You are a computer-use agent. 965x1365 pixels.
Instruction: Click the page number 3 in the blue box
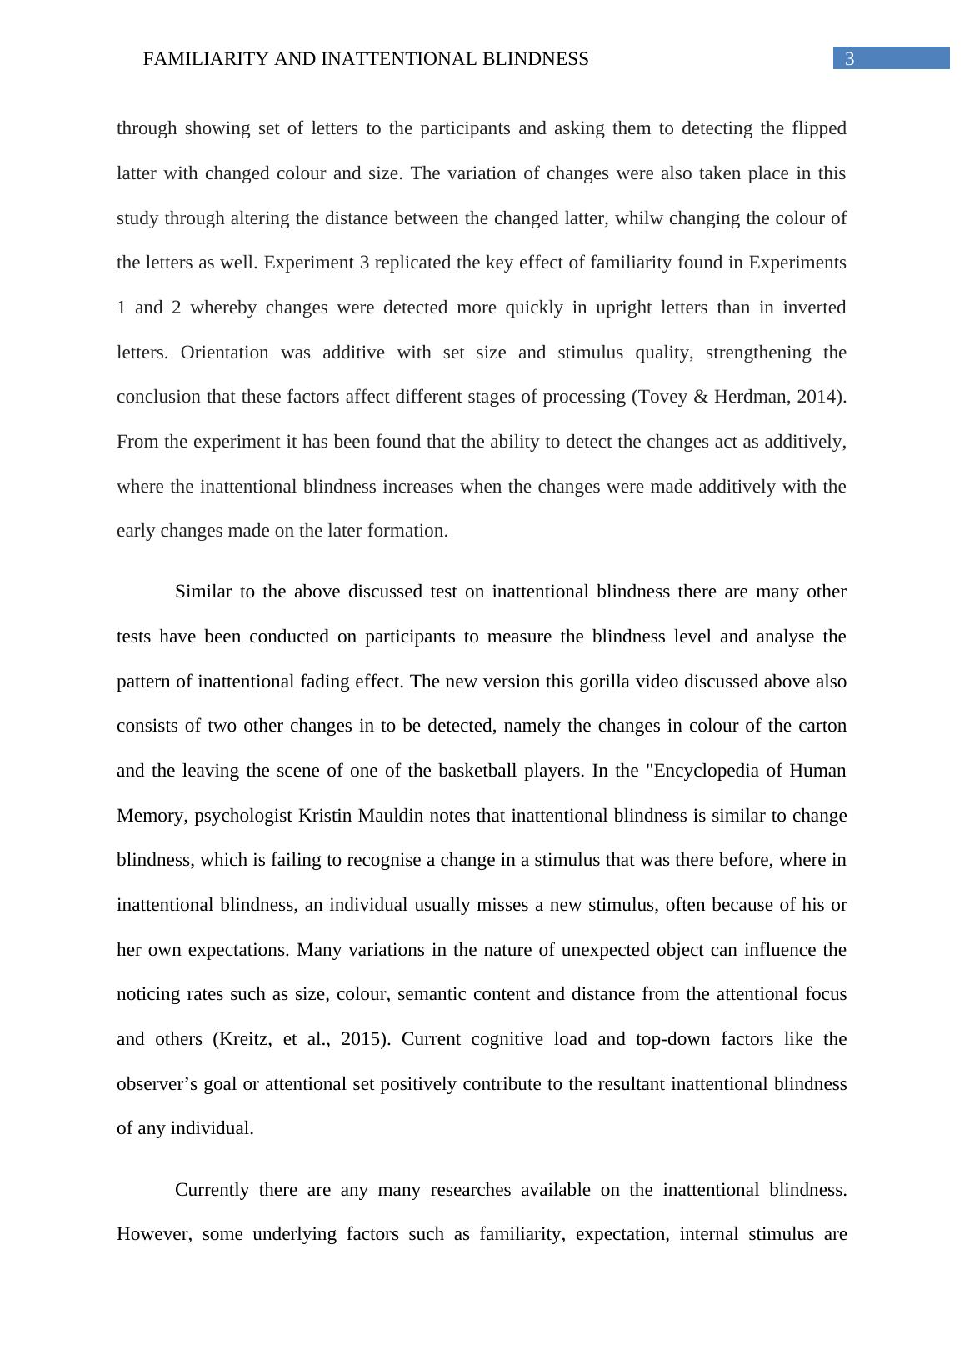point(849,59)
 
